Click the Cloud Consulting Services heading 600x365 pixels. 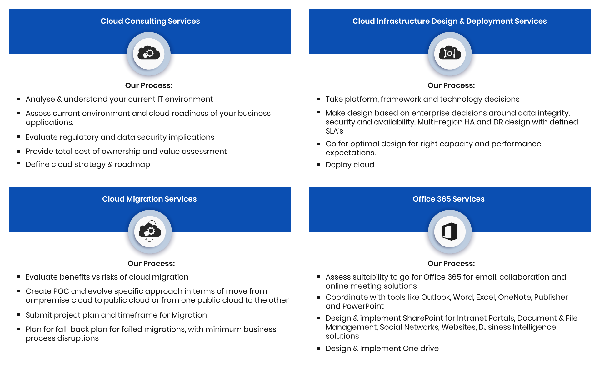point(150,21)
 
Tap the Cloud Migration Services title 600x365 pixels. point(149,199)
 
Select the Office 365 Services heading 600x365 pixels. point(448,199)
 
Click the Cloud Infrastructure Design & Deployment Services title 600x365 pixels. point(450,21)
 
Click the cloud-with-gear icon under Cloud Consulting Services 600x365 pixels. point(149,53)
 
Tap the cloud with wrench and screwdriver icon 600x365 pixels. point(450,53)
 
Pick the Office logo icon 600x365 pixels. point(449,231)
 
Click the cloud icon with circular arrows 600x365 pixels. point(150,231)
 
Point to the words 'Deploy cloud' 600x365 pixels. point(350,165)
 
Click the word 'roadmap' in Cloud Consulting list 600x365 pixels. point(132,164)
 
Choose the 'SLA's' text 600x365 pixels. point(334,131)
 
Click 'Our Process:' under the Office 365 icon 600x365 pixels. point(451,264)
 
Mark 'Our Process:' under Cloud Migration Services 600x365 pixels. point(151,264)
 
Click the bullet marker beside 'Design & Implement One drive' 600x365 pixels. point(319,348)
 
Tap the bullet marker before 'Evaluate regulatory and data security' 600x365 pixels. point(19,137)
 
